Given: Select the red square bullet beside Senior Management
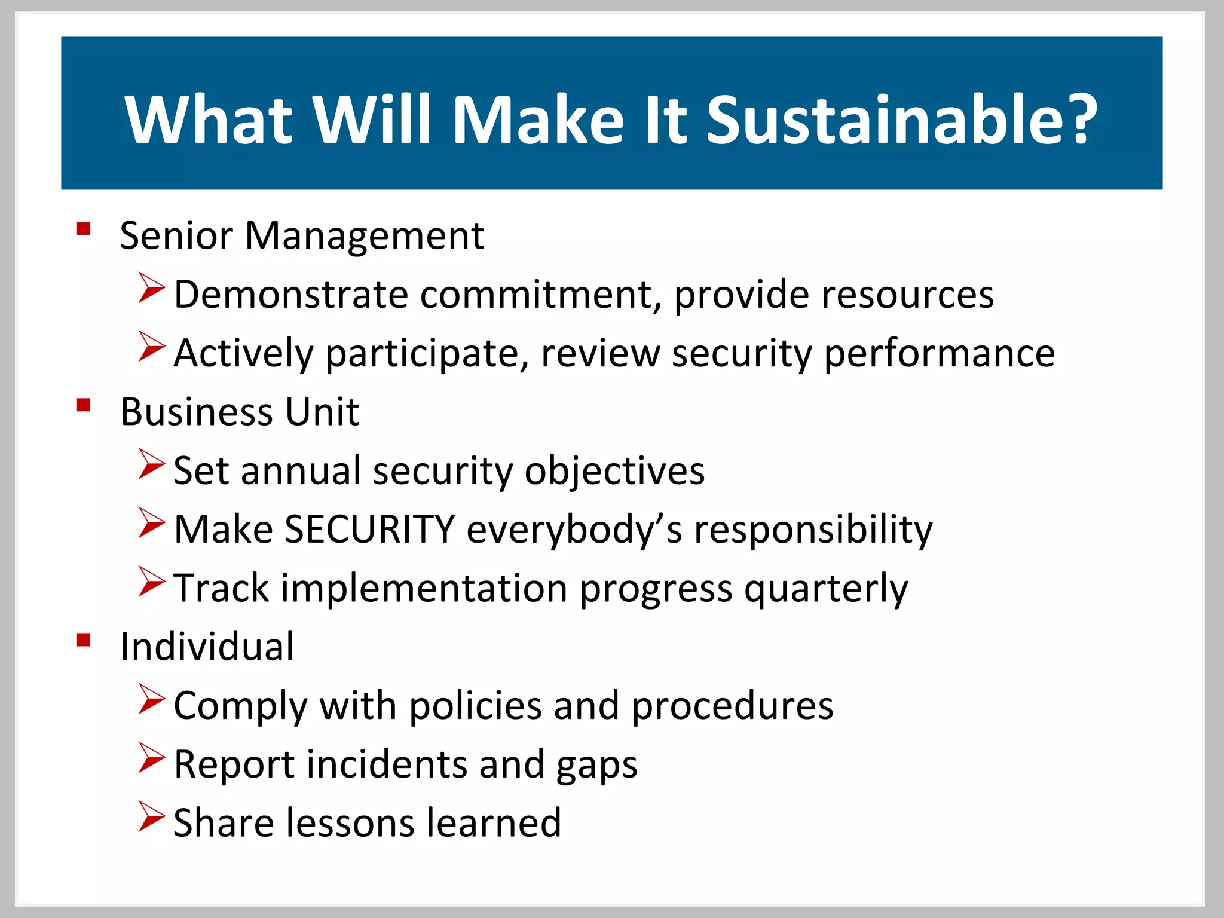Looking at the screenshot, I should (84, 229).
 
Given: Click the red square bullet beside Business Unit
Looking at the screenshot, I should (84, 406).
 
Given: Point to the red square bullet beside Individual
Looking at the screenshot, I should (84, 641).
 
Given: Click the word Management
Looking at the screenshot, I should (364, 237).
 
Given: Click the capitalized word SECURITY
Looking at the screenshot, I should (369, 530).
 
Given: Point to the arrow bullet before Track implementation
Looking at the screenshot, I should (151, 582).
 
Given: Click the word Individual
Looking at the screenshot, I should (207, 647).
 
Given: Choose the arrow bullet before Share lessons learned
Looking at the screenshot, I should (151, 816).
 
